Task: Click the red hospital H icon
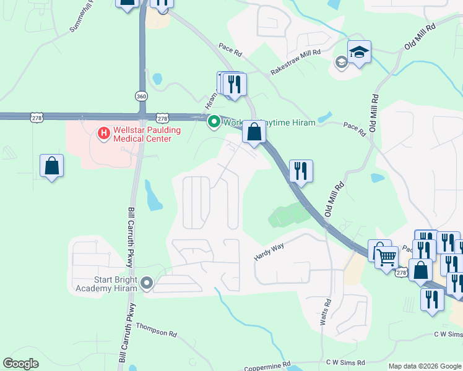click(x=103, y=132)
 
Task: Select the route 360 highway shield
click(x=142, y=96)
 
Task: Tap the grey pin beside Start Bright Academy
click(x=147, y=283)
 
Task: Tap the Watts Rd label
click(x=326, y=313)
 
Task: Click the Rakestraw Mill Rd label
click(x=295, y=62)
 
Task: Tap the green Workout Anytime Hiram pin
click(x=214, y=122)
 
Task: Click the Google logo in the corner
click(x=20, y=364)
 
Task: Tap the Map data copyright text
click(x=425, y=366)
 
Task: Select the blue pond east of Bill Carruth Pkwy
click(x=152, y=197)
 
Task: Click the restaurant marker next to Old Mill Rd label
click(x=301, y=171)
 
